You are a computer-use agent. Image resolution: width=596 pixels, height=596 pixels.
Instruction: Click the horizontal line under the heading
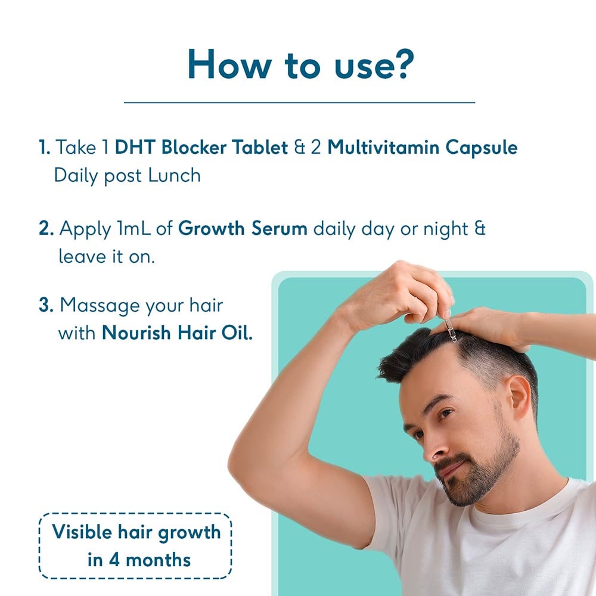point(299,103)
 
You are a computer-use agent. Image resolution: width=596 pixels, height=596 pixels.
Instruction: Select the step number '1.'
point(45,147)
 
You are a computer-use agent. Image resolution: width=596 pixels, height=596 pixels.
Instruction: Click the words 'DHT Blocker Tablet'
point(201,147)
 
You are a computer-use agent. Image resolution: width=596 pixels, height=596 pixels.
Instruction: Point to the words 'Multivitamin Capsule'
point(423,147)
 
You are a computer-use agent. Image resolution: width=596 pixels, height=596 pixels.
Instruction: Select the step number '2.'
point(46,228)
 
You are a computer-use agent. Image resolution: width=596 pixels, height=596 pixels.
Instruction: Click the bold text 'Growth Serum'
point(243,228)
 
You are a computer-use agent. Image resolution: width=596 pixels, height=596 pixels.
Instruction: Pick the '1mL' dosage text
point(149,228)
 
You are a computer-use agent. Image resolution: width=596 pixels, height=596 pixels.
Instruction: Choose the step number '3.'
point(46,305)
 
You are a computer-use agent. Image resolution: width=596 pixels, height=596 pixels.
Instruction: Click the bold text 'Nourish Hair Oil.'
point(177,333)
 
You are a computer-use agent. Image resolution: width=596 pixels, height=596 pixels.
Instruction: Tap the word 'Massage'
point(99,306)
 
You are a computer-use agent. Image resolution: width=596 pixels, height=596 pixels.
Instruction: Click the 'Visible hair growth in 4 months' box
point(135,545)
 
